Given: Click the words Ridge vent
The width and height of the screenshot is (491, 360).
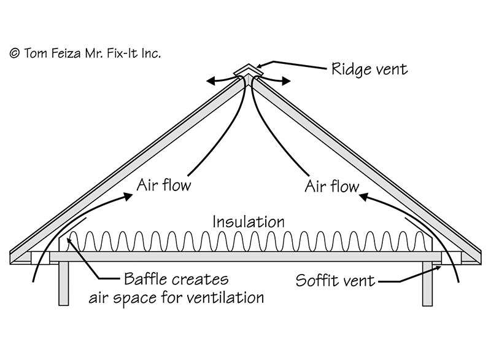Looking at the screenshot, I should pyautogui.click(x=369, y=69).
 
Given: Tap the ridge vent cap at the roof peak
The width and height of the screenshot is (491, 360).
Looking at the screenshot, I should pyautogui.click(x=249, y=71).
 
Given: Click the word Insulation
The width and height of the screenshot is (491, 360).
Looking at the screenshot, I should pyautogui.click(x=248, y=221).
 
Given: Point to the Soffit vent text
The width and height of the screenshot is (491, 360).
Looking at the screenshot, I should pyautogui.click(x=335, y=282).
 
